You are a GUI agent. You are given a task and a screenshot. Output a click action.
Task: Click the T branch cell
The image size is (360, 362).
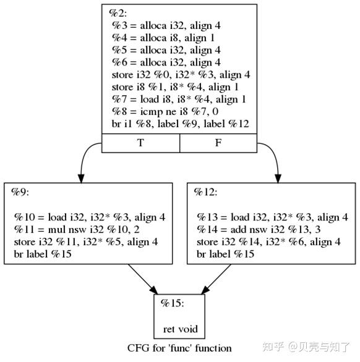(140, 143)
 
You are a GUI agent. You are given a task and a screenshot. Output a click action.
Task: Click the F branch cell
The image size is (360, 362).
(218, 143)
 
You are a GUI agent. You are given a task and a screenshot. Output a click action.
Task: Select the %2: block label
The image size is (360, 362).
(118, 14)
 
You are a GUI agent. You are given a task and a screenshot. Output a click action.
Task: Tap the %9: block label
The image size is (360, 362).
(20, 192)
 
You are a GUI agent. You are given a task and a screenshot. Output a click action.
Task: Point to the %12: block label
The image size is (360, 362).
(205, 192)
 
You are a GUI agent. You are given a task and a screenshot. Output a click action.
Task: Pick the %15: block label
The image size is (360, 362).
(172, 303)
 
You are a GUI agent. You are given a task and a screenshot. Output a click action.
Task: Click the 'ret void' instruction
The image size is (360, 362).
(181, 329)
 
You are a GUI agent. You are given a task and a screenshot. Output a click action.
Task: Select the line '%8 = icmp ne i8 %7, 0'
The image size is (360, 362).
(165, 112)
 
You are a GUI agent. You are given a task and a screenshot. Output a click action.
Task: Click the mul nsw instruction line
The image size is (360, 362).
(77, 229)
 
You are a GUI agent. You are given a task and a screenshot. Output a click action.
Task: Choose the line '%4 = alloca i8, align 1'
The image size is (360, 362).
(163, 38)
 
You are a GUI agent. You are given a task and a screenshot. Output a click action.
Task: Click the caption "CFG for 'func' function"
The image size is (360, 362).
(179, 348)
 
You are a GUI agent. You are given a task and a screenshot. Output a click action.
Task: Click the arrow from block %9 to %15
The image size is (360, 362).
(143, 279)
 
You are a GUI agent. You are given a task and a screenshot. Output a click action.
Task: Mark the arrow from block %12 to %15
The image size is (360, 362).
(216, 279)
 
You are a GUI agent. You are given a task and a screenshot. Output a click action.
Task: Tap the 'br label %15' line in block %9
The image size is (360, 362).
(43, 254)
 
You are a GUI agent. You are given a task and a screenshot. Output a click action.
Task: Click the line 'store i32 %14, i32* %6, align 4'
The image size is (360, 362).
(268, 242)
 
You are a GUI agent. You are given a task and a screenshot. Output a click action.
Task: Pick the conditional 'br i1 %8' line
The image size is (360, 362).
(181, 124)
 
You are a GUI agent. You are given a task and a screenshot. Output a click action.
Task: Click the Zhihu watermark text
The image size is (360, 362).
(306, 347)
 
